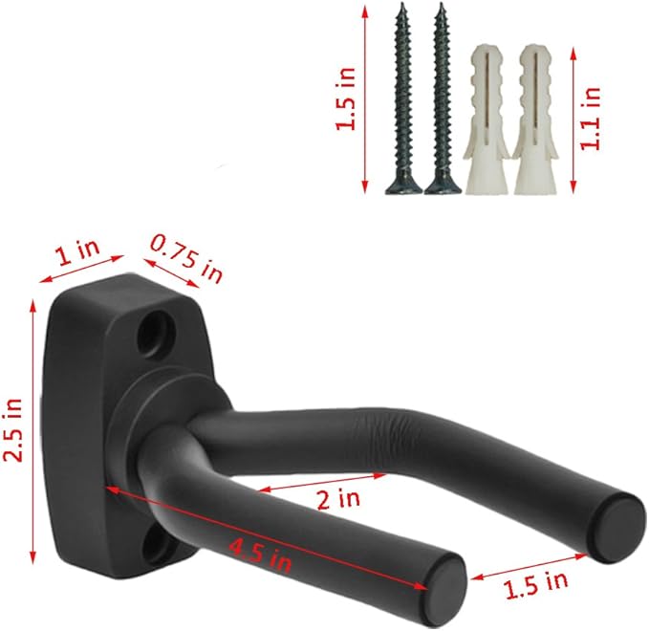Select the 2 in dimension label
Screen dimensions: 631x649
pos(337,497)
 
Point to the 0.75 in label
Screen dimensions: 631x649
pos(186,258)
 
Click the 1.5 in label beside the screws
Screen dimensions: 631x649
pos(350,98)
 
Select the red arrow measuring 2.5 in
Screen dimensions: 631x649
pos(35,430)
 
